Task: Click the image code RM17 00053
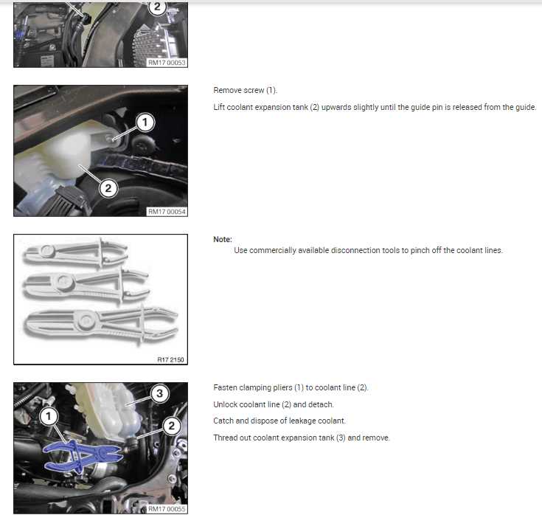click(167, 63)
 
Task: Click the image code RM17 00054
click(167, 212)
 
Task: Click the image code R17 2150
click(172, 360)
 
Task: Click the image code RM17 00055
click(167, 508)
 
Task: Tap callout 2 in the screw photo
click(108, 188)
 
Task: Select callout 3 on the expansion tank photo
click(159, 393)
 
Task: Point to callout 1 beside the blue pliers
click(49, 417)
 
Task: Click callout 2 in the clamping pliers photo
click(171, 425)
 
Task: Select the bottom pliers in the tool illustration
click(96, 323)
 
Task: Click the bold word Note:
click(223, 239)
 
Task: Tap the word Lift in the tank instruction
click(219, 107)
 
